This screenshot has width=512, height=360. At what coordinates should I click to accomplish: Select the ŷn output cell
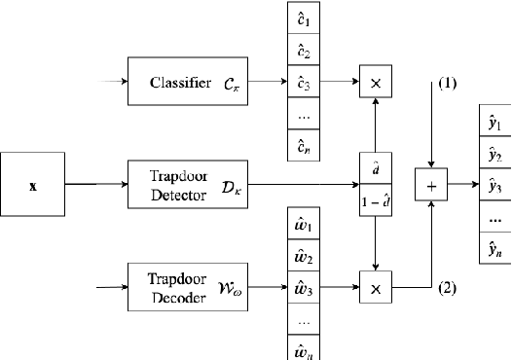494,249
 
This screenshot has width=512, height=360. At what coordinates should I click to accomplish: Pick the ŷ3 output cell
494,186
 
